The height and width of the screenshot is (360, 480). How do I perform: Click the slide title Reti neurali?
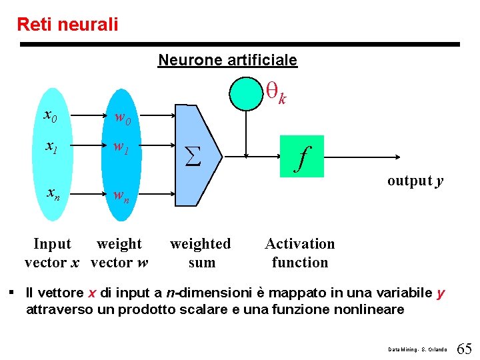click(67, 25)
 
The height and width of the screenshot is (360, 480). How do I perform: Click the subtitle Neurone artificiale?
click(227, 60)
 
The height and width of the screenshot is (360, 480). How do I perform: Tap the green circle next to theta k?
click(246, 93)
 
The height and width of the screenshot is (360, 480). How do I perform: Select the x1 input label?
click(50, 147)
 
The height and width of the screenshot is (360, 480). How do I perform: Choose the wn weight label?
click(121, 197)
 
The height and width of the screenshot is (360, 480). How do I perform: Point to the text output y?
click(415, 181)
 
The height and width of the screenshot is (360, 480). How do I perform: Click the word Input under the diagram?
click(52, 244)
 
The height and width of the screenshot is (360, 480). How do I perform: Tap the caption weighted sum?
click(201, 253)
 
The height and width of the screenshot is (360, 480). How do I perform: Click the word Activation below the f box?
click(300, 244)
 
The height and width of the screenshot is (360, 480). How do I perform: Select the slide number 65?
click(465, 348)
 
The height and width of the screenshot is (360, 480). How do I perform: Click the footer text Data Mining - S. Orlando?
click(418, 349)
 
